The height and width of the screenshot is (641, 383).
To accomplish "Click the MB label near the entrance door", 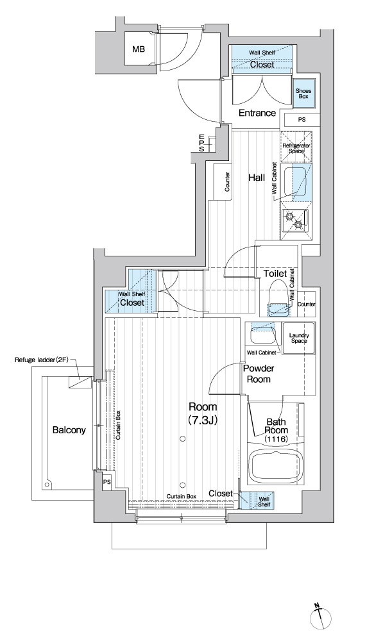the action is (x=139, y=50).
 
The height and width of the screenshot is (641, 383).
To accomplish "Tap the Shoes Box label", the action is (x=303, y=94).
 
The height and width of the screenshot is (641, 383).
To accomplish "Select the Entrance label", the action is (x=257, y=113).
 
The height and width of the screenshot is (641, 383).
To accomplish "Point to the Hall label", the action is (x=257, y=178).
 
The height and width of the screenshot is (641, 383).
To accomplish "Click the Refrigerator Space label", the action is (x=296, y=148).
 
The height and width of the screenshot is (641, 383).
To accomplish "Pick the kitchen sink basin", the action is (x=294, y=183).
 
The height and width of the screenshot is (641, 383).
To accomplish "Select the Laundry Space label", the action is (x=299, y=338).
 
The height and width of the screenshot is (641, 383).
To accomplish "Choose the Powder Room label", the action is (x=259, y=374).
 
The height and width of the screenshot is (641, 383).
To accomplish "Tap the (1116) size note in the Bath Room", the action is (x=276, y=438).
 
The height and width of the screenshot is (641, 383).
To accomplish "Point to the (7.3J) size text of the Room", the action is (x=202, y=419).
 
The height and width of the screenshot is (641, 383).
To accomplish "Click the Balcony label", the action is (x=69, y=429).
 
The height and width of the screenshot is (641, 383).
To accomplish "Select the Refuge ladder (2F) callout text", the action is (x=40, y=360).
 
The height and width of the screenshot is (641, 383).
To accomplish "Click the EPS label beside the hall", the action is (x=201, y=143).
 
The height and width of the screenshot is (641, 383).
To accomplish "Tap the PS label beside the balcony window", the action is (x=106, y=482).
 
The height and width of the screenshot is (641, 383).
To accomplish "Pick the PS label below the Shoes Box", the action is (x=302, y=120).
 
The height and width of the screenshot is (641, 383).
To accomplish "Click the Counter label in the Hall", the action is (x=227, y=182).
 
